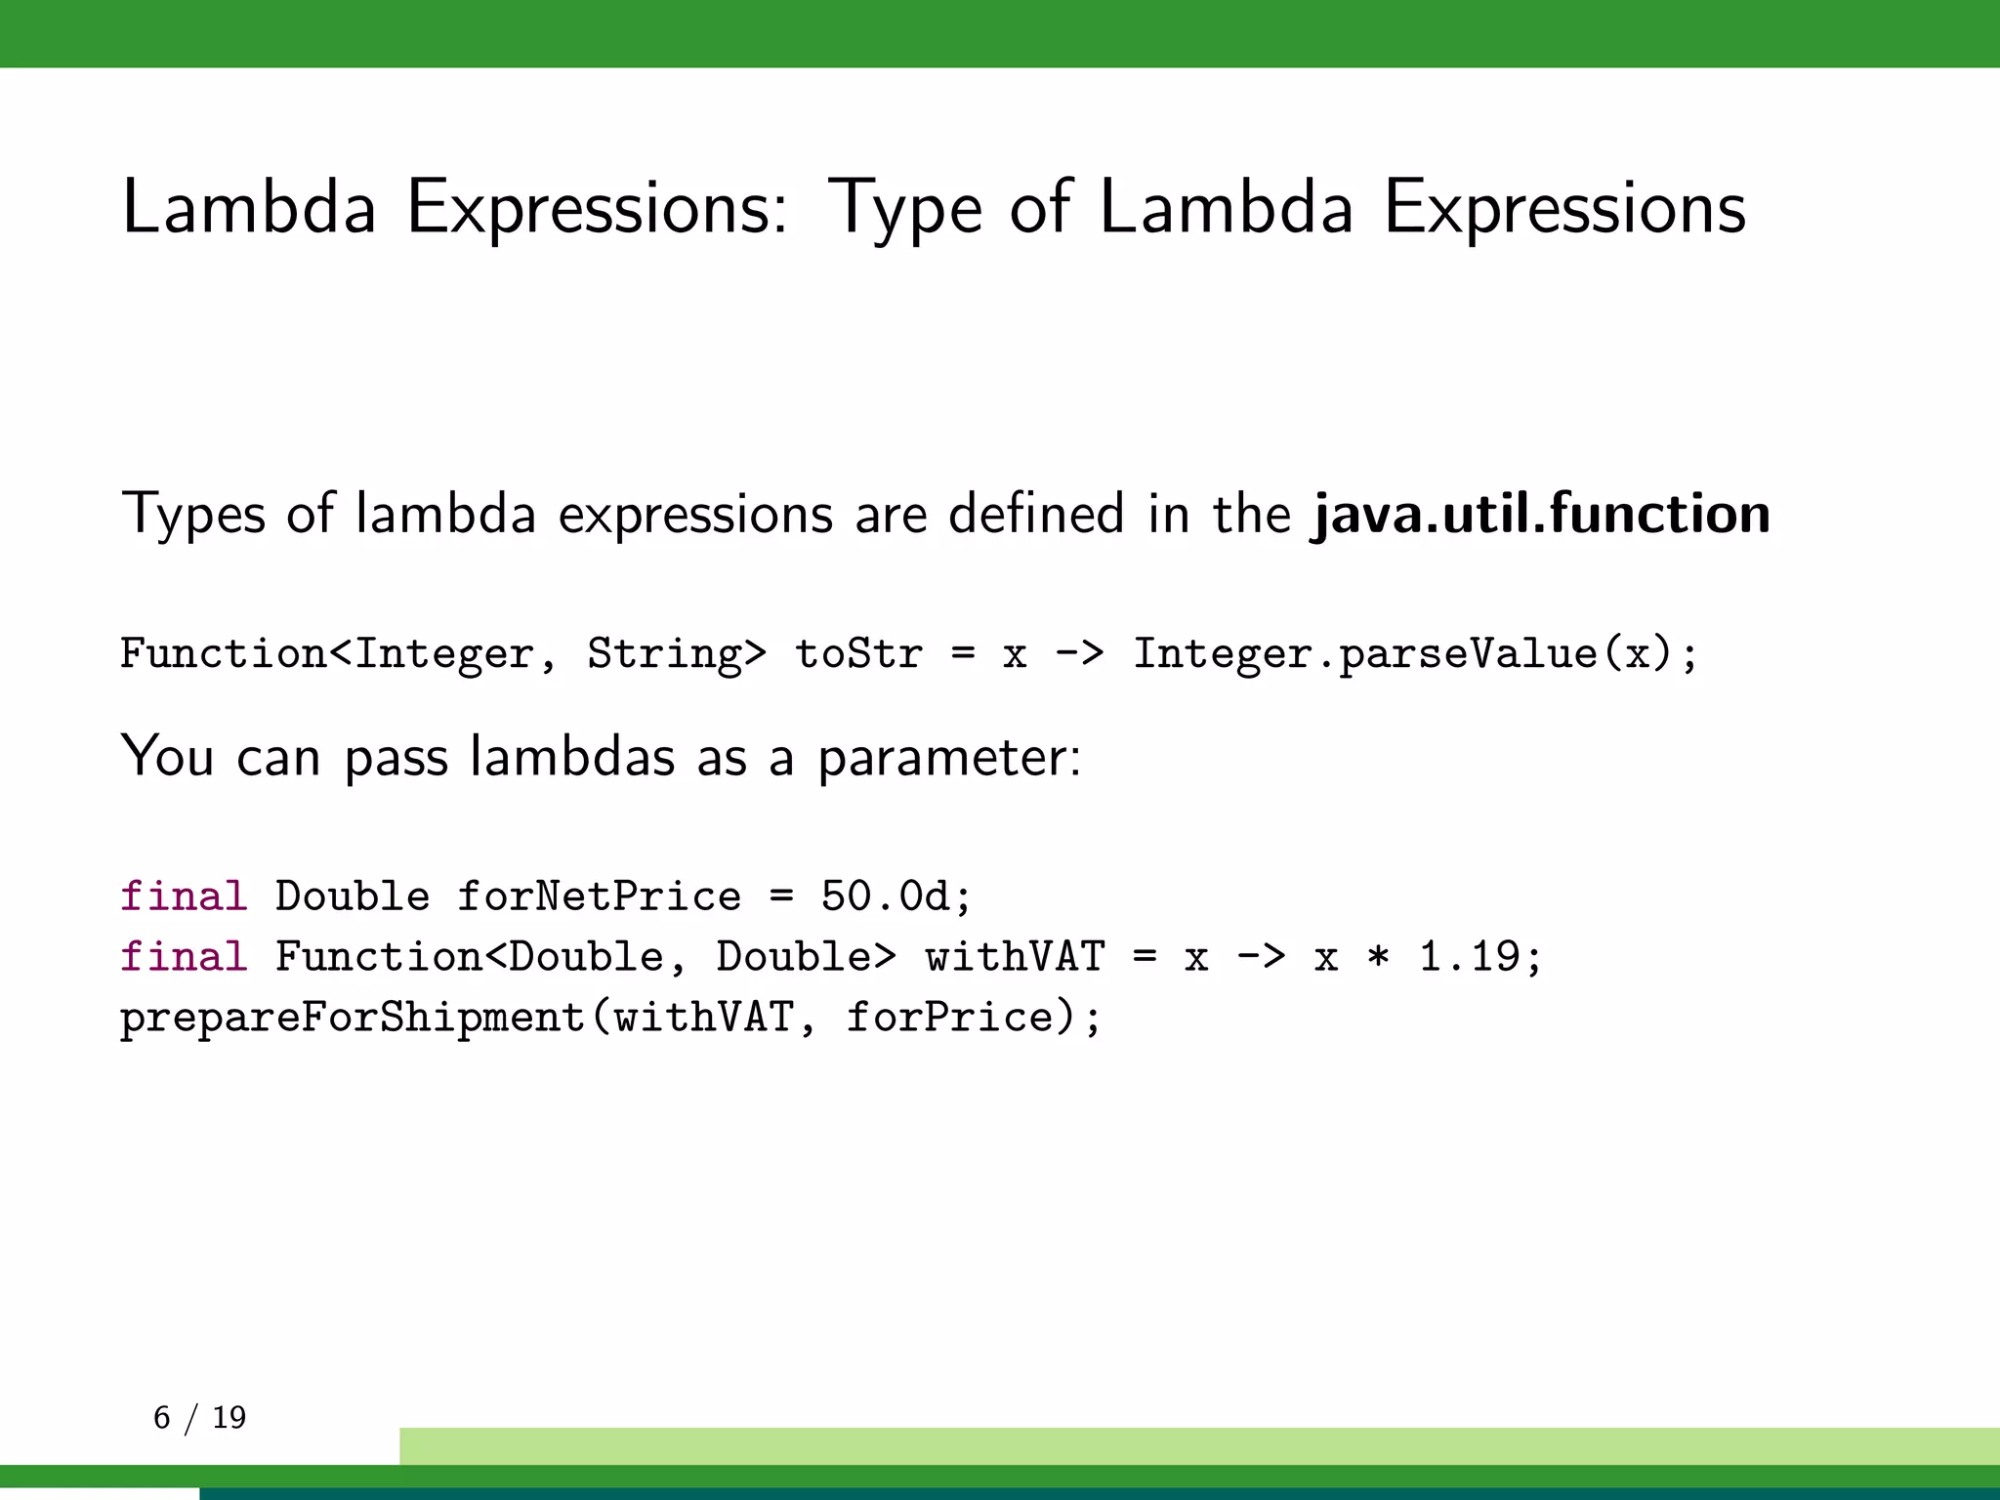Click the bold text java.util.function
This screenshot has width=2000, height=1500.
pos(1541,515)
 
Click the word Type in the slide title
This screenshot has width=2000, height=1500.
pos(904,209)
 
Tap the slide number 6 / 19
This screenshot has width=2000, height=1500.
pos(200,1417)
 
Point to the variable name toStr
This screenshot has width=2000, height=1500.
pos(858,653)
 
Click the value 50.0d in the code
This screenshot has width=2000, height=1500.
pos(885,896)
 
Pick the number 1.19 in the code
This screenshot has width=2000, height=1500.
pos(1469,957)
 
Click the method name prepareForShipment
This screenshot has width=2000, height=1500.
pos(353,1018)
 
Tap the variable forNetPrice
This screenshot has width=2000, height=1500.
pos(599,896)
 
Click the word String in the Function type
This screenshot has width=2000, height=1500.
pos(665,653)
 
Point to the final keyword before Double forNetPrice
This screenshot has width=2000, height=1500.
pos(184,896)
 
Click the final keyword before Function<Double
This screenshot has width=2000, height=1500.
pos(184,957)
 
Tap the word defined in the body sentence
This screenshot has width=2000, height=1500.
pos(1036,515)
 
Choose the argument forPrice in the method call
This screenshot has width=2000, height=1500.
pos(949,1018)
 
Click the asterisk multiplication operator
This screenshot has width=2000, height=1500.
pos(1378,957)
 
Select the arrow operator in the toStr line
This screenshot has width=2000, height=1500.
pos(1079,653)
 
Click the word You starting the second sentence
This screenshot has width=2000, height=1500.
pos(167,758)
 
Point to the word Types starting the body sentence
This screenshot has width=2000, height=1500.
pos(193,515)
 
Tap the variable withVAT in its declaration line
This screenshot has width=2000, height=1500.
pos(1015,957)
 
